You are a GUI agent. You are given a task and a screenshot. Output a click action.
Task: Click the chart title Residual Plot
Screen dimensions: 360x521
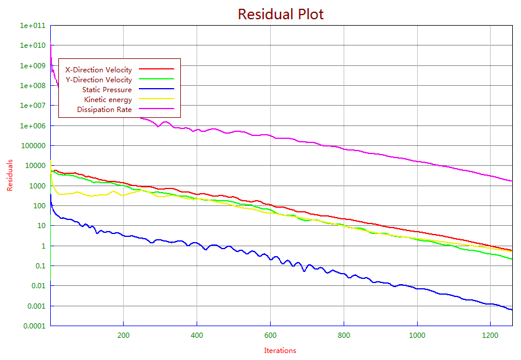click(x=280, y=14)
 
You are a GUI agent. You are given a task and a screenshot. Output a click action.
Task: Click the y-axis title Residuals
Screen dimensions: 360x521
click(x=10, y=176)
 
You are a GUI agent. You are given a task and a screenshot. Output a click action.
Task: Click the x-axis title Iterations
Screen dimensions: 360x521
click(x=280, y=351)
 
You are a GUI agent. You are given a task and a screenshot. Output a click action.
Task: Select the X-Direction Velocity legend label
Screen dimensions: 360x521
click(x=98, y=70)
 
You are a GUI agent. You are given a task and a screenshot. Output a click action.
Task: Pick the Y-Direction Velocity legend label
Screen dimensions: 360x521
click(x=98, y=80)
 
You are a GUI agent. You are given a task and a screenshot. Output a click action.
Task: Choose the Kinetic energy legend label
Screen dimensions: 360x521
click(x=108, y=100)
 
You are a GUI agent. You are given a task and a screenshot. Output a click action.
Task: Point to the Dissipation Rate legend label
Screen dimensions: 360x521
click(x=104, y=110)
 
